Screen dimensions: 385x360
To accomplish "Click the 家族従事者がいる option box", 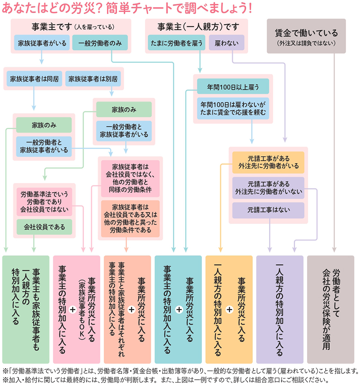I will click(x=41, y=43).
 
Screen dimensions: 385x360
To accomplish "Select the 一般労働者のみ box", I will click(x=100, y=43).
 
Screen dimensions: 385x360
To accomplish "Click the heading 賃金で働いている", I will click(x=306, y=33).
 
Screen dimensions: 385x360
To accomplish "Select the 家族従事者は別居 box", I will click(x=93, y=78).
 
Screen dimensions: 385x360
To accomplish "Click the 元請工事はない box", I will click(x=268, y=210).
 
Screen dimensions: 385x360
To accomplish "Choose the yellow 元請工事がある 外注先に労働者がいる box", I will click(x=268, y=162).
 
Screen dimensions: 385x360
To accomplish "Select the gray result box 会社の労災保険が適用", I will click(x=331, y=309).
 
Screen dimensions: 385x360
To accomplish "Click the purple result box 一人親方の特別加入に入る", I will click(x=280, y=309).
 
